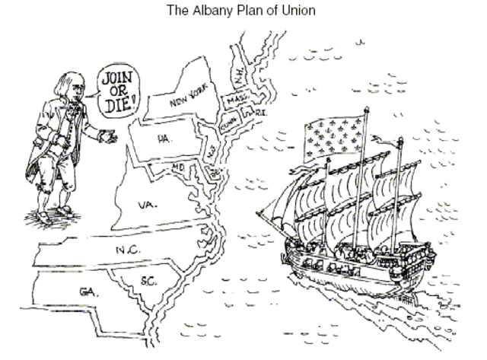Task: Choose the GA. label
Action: tap(87, 291)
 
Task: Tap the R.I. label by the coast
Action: tap(249, 113)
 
